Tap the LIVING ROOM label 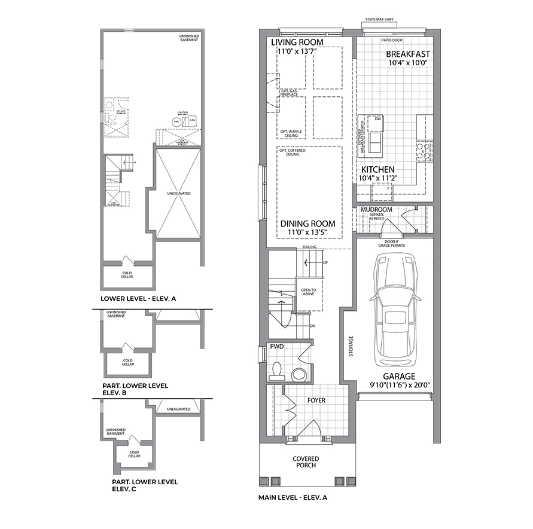pyautogui.click(x=297, y=42)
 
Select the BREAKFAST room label pyautogui.click(x=408, y=54)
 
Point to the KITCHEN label pyautogui.click(x=377, y=170)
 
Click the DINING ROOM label pyautogui.click(x=307, y=224)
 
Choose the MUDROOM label pyautogui.click(x=377, y=210)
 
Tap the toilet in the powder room pyautogui.click(x=278, y=371)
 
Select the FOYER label pyautogui.click(x=316, y=400)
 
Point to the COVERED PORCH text pyautogui.click(x=305, y=462)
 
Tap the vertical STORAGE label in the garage pyautogui.click(x=351, y=346)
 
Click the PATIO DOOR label pyautogui.click(x=392, y=40)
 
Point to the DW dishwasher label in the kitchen pyautogui.click(x=377, y=119)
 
